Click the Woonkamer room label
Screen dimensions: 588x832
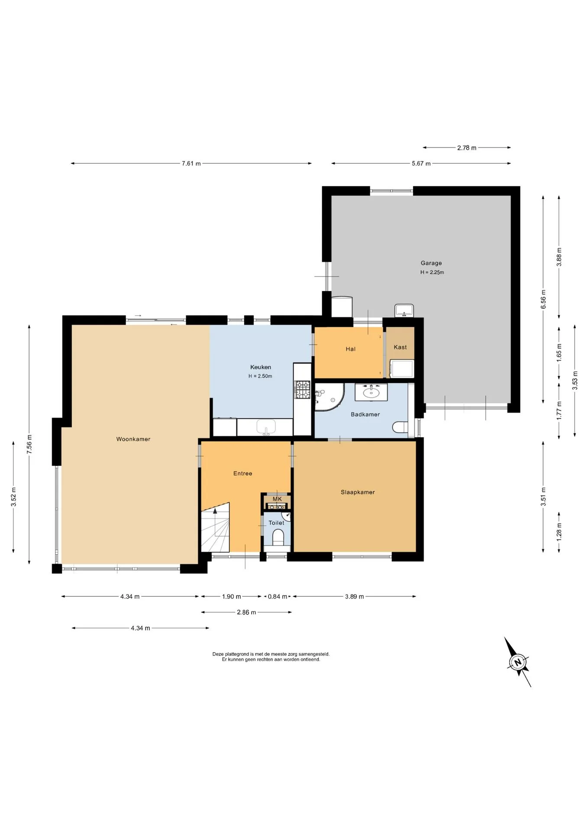(x=133, y=439)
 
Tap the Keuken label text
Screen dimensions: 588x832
(x=261, y=367)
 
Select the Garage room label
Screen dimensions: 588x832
(x=431, y=263)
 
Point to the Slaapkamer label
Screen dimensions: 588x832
(x=358, y=492)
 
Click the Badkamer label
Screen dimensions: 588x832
(x=365, y=414)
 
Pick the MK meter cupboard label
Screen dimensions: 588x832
(x=277, y=499)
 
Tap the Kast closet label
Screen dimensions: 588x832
(x=400, y=347)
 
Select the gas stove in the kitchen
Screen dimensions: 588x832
(x=303, y=389)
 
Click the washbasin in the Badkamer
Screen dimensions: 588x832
(x=371, y=393)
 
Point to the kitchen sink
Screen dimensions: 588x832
(x=266, y=427)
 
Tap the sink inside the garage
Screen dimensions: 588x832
(x=404, y=310)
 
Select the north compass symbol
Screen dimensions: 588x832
(x=517, y=662)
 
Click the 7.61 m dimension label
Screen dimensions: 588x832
(x=191, y=163)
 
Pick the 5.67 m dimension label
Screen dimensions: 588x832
(x=421, y=163)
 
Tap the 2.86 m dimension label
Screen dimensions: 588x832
(x=246, y=612)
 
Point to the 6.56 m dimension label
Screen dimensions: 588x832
(x=543, y=299)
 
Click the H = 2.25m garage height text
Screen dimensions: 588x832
(x=432, y=273)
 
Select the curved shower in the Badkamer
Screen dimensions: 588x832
(x=329, y=396)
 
